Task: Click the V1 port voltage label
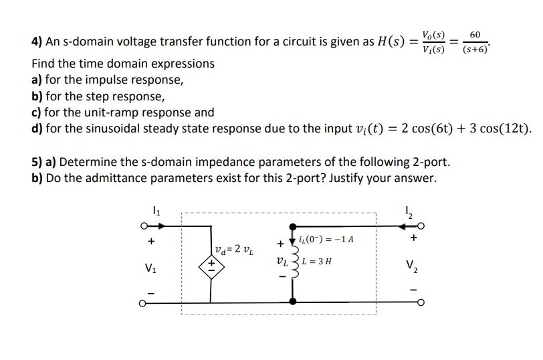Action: [151, 270]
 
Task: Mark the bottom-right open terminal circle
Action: [419, 302]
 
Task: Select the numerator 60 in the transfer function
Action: [475, 34]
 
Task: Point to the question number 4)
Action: [37, 42]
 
